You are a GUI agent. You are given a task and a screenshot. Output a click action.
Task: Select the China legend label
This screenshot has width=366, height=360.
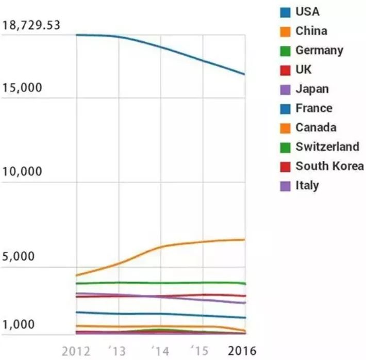click(x=311, y=31)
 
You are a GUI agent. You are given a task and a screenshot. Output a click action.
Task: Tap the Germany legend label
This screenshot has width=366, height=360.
click(x=319, y=51)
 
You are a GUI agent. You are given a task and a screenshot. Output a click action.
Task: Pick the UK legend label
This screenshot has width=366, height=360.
click(x=304, y=70)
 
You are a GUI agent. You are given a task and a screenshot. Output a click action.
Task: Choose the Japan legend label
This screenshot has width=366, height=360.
click(x=312, y=89)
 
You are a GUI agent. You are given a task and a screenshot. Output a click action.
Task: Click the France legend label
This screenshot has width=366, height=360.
click(x=314, y=108)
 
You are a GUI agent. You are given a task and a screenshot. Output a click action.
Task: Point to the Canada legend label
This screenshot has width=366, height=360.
click(x=316, y=127)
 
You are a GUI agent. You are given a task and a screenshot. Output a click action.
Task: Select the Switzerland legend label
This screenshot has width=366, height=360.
click(x=327, y=146)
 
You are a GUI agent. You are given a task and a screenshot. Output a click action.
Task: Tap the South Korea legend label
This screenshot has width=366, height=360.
click(x=329, y=166)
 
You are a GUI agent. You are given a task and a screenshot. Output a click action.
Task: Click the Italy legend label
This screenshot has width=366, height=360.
click(x=307, y=185)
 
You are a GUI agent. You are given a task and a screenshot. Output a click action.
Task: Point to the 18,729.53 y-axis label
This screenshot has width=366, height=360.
click(x=31, y=25)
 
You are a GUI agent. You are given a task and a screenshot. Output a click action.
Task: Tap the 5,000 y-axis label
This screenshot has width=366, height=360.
click(x=19, y=256)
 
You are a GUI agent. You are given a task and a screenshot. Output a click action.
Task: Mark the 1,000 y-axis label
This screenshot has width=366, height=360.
click(x=19, y=325)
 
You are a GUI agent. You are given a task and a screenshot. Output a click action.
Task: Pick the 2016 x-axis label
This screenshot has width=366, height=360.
click(x=242, y=351)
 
